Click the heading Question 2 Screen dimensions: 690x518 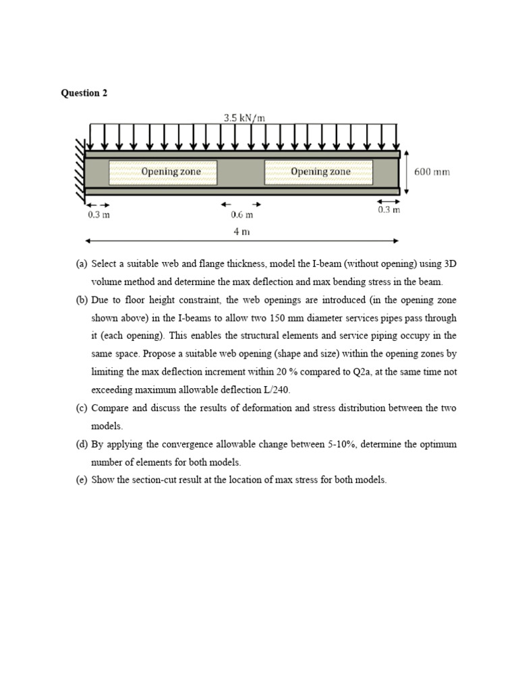click(x=84, y=94)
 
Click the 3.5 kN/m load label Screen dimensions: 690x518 click(x=244, y=118)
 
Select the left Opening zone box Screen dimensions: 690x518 click(x=163, y=172)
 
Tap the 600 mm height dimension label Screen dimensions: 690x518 click(x=432, y=172)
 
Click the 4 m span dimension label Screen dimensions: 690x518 click(x=241, y=231)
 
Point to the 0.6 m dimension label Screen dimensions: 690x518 click(x=241, y=215)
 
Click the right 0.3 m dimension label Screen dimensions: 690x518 click(x=388, y=210)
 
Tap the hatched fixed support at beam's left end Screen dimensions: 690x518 click(x=80, y=172)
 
